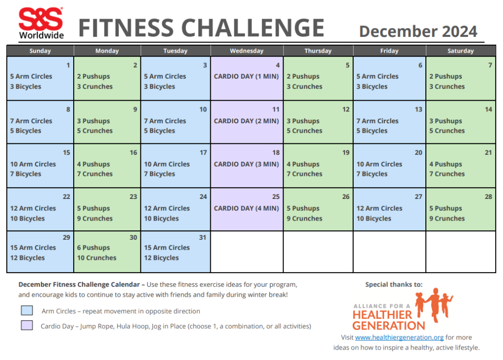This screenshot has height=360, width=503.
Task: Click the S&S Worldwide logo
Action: point(41,23)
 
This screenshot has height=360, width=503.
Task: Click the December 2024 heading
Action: point(418,31)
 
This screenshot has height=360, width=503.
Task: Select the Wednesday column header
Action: point(247,51)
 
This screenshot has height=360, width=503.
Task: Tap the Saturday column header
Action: point(460,51)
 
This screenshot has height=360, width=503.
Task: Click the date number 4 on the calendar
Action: point(278,65)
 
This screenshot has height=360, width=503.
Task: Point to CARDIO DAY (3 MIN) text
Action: point(246,164)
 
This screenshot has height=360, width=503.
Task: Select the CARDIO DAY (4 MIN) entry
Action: point(246,208)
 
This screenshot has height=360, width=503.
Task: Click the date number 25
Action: point(276,197)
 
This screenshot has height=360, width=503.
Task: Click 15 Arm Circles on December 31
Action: point(167,248)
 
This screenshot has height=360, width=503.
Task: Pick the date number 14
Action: point(488,110)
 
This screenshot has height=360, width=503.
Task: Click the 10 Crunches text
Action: point(97,258)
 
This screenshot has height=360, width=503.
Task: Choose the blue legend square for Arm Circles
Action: point(27,310)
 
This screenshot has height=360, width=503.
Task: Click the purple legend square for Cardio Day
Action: point(27,325)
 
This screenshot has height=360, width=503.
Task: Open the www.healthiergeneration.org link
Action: point(399,337)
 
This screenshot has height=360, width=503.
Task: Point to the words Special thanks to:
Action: point(393,284)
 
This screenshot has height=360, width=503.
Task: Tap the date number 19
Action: point(346,153)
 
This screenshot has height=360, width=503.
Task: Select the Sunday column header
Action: point(40,51)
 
